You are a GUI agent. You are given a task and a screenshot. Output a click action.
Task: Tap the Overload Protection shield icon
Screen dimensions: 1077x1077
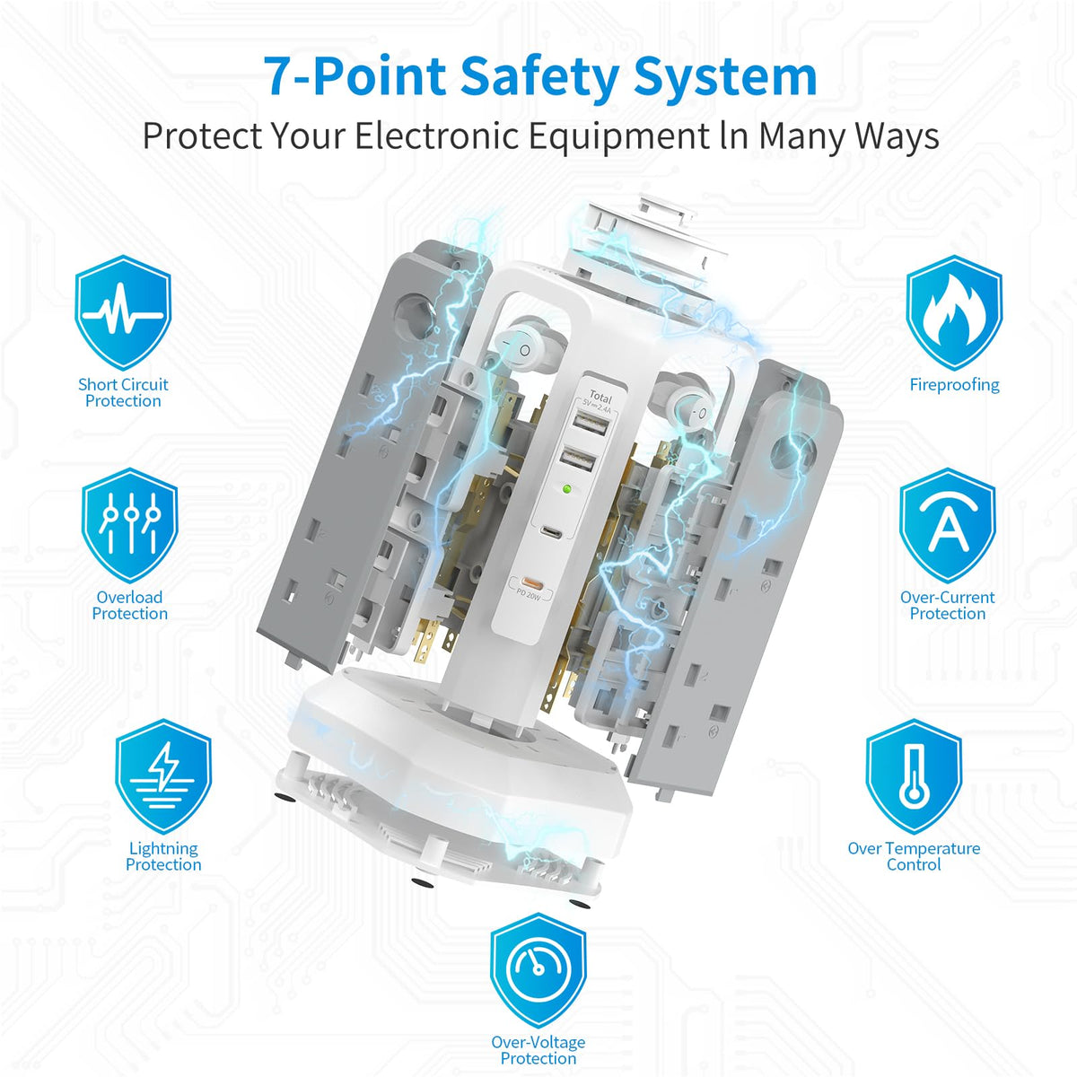click(129, 525)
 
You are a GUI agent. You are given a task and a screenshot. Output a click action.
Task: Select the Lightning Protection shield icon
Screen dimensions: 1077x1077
click(163, 776)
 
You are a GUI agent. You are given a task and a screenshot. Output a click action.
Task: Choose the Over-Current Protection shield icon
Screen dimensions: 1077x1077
click(948, 525)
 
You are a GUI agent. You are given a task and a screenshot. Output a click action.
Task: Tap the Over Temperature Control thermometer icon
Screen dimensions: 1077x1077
click(914, 776)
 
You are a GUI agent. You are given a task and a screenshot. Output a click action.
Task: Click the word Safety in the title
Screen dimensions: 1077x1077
click(538, 77)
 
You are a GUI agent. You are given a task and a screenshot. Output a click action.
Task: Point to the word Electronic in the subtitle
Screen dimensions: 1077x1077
click(436, 136)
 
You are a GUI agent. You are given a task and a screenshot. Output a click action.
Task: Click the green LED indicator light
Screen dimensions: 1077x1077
click(568, 490)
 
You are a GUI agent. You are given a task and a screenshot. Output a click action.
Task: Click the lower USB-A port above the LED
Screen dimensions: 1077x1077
click(579, 461)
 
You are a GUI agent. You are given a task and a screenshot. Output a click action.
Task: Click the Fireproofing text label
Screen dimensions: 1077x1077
click(955, 384)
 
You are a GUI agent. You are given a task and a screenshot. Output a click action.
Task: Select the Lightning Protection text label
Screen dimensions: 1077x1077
click(163, 856)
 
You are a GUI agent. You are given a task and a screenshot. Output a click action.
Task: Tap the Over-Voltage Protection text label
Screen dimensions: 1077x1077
click(538, 1049)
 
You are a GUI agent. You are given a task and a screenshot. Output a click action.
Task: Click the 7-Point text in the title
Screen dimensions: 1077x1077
click(355, 76)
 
